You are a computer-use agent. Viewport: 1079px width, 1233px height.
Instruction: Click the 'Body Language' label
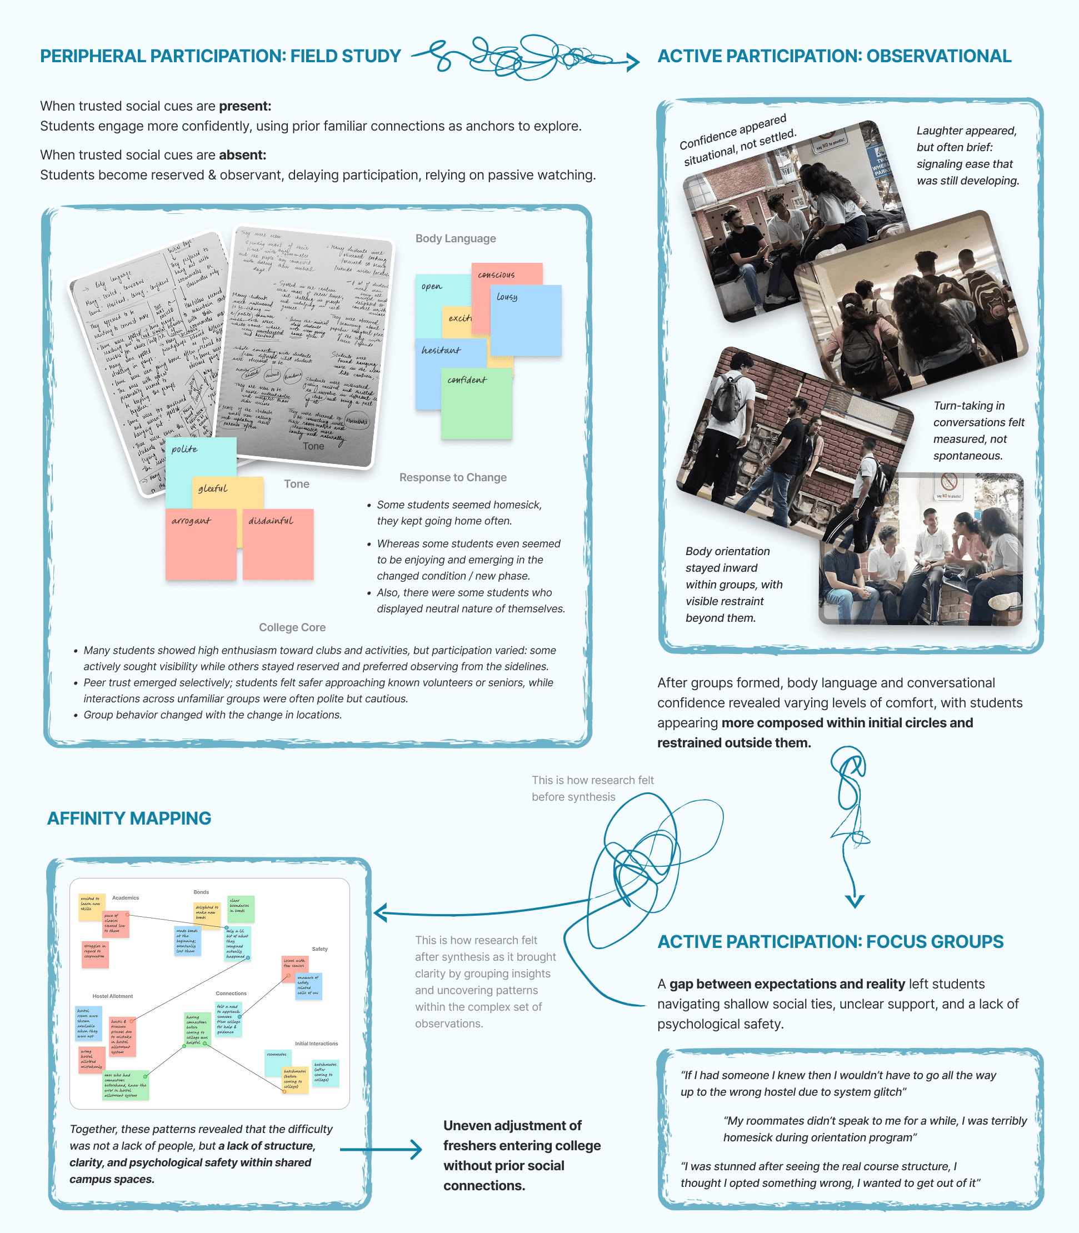pos(455,238)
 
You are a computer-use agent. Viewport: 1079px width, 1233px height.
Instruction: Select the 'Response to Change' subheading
pos(453,477)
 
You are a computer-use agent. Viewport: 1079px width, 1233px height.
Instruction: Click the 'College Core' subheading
pos(292,627)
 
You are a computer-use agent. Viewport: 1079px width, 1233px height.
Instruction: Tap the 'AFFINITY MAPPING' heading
pos(129,818)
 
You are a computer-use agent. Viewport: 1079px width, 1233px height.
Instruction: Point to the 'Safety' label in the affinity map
pos(319,949)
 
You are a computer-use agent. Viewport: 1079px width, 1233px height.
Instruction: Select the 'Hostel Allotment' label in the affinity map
pos(113,996)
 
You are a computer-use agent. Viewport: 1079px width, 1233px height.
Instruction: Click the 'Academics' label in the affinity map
pos(125,897)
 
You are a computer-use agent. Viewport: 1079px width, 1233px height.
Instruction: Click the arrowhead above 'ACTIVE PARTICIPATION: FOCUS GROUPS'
pos(855,901)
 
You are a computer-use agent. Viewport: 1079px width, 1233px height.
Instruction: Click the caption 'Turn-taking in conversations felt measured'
pos(978,431)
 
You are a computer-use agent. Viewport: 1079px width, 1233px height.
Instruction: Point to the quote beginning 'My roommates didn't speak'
pos(875,1129)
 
